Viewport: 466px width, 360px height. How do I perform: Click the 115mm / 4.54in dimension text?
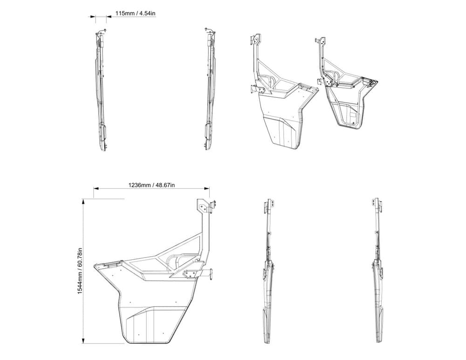(136, 14)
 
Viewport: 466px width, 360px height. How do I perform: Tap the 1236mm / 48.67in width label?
(151, 185)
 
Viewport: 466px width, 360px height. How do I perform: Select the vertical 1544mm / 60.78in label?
(80, 271)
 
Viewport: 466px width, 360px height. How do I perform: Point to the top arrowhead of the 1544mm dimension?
(83, 201)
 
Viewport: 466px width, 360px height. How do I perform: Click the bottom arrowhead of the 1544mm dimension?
(83, 340)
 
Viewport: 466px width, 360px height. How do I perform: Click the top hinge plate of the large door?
(205, 206)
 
